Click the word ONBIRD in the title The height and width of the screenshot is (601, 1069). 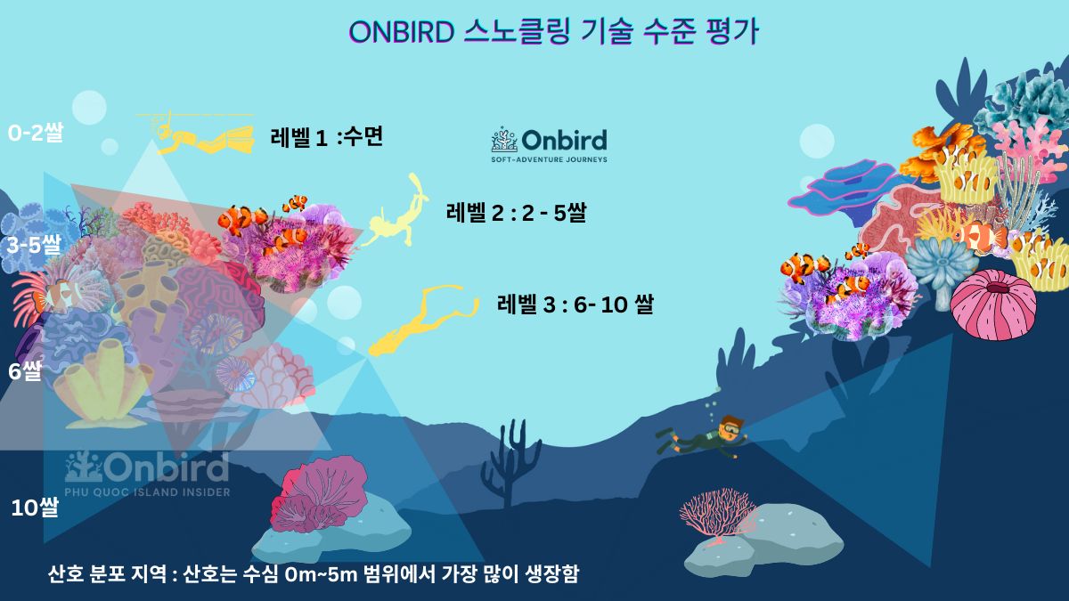(402, 32)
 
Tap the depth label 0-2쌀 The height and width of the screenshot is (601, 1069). (36, 134)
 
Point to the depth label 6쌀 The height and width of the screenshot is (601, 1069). (25, 370)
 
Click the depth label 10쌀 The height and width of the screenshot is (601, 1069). (35, 508)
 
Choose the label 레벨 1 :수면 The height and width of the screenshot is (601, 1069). (326, 137)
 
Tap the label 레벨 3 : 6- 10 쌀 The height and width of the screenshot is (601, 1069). (575, 305)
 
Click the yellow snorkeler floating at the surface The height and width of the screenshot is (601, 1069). (200, 138)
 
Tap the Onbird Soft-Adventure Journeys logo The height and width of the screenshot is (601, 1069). (549, 145)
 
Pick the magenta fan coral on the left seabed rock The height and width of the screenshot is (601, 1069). (316, 494)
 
